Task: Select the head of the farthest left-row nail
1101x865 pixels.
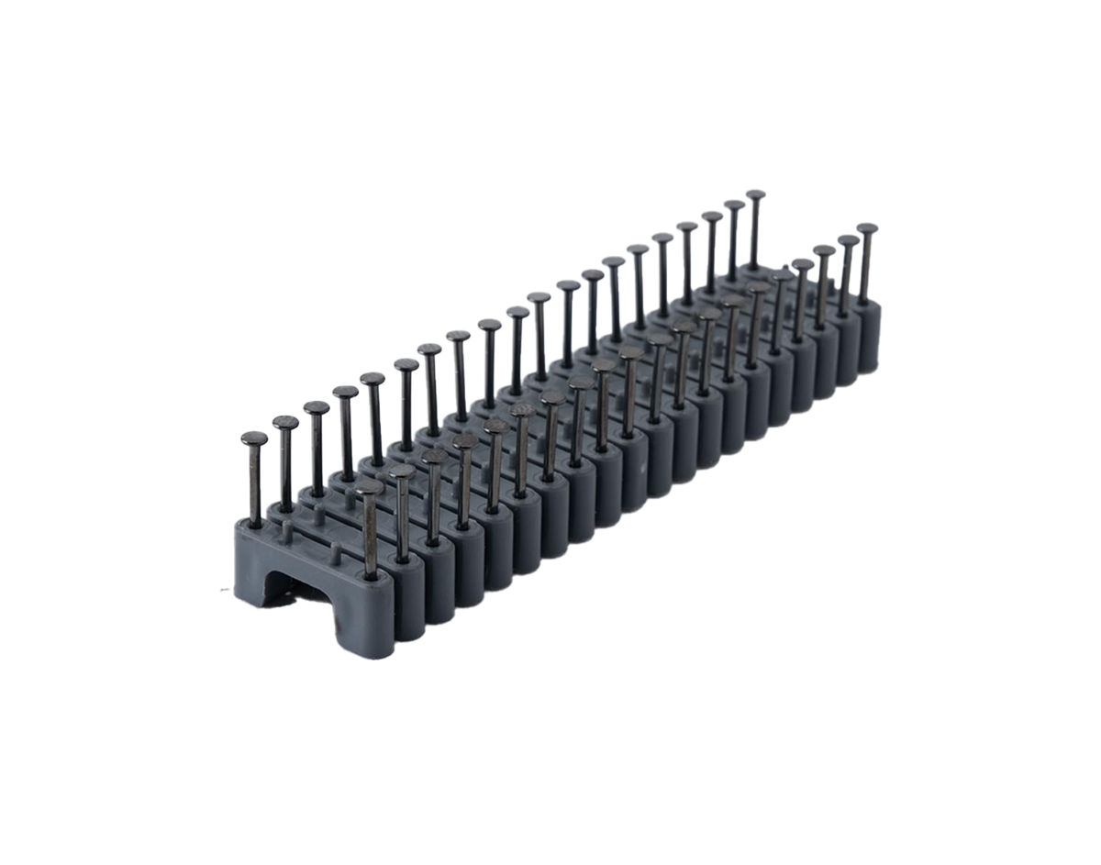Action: [755, 194]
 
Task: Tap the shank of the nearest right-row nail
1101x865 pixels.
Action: [370, 532]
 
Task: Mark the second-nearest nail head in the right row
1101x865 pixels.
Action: [402, 473]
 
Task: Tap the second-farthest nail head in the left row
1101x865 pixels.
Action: [732, 205]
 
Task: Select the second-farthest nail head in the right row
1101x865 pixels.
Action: [848, 238]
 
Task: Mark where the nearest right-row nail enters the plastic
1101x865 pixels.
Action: [371, 575]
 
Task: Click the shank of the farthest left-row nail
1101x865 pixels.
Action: [754, 229]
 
